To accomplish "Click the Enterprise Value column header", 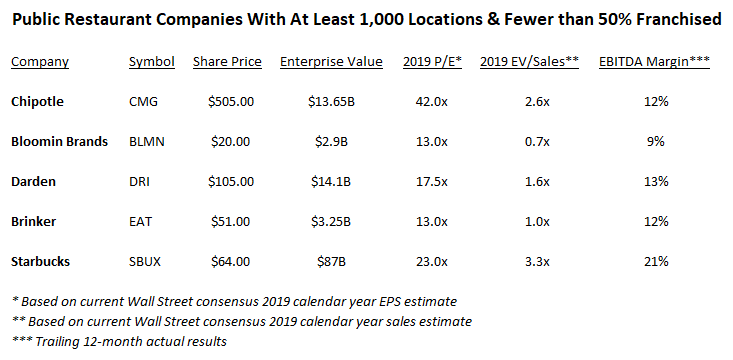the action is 331,62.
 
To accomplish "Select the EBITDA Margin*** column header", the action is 654,62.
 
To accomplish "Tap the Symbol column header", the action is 152,62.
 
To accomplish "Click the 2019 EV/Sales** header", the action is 529,62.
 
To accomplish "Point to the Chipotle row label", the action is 37,102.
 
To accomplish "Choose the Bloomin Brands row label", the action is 59,141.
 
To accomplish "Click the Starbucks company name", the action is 41,261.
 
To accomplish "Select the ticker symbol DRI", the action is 139,181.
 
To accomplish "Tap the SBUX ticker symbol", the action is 145,261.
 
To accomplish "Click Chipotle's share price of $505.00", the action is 231,101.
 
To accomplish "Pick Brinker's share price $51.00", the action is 230,221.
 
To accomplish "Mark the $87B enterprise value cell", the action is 331,261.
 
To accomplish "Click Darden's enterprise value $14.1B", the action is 331,181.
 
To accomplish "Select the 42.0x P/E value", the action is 431,101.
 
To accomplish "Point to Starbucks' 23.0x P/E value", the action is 431,261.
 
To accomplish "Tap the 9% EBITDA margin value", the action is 656,142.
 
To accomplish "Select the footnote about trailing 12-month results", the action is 119,341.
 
